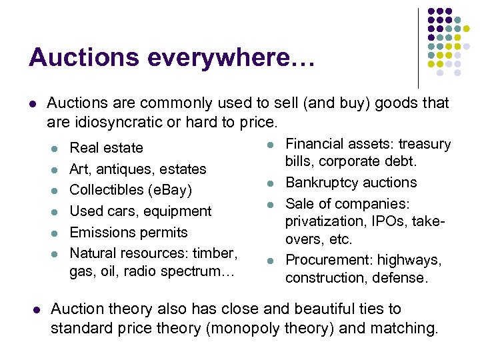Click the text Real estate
click(106, 148)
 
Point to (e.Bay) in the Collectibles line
click(171, 190)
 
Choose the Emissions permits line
click(129, 233)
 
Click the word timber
click(215, 253)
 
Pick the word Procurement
click(327, 260)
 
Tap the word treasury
click(425, 144)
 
